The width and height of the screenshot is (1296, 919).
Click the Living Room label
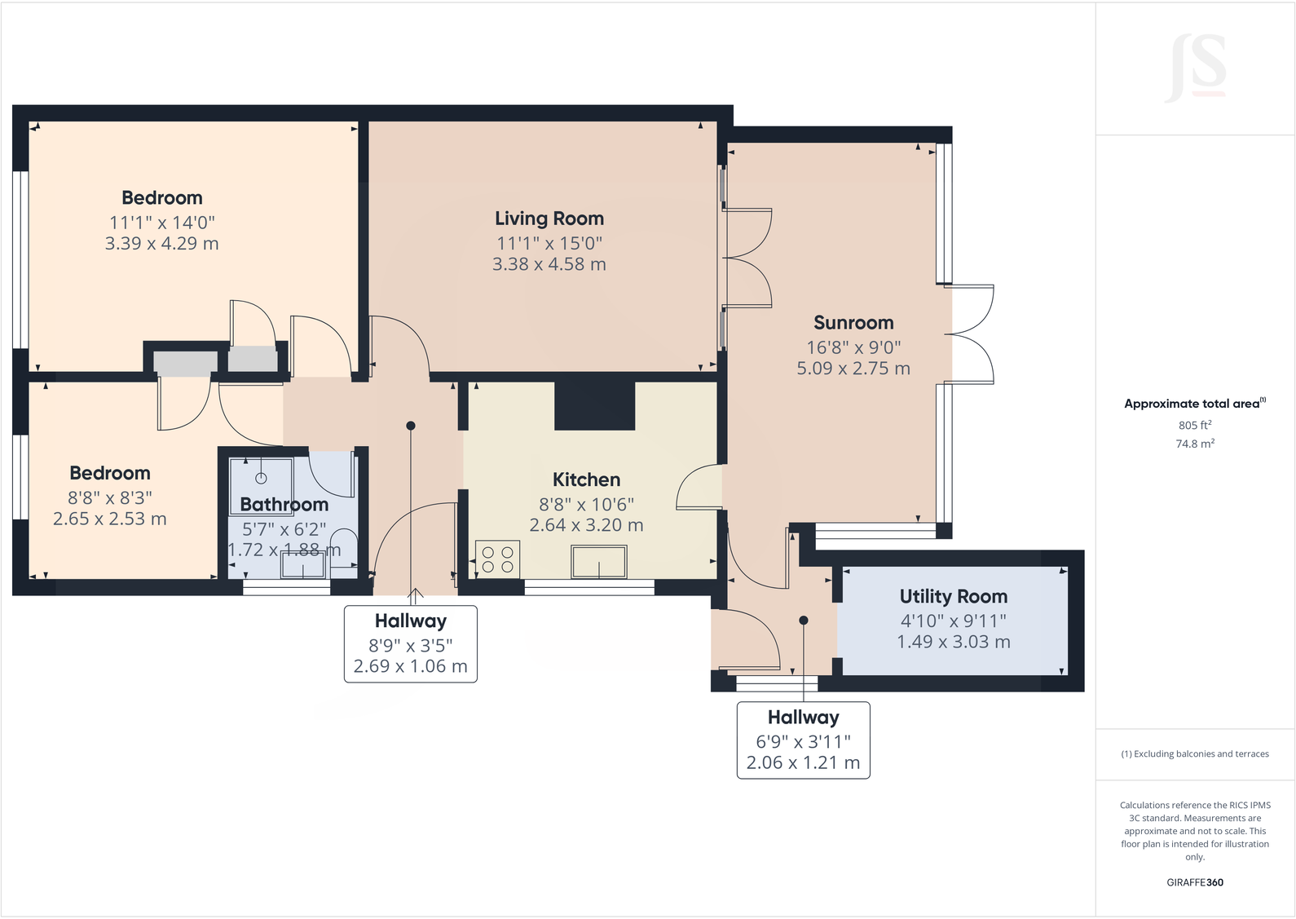(x=549, y=219)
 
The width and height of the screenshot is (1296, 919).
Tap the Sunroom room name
(x=853, y=323)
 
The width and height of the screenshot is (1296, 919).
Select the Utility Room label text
(x=953, y=597)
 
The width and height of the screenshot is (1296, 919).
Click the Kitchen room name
(x=586, y=480)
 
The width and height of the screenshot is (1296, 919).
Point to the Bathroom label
(x=284, y=505)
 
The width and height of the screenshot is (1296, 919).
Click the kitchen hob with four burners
(x=497, y=559)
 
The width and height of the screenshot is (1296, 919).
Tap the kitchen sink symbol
(x=599, y=562)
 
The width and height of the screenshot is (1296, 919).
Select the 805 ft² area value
(x=1194, y=425)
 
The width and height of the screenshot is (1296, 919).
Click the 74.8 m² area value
(x=1194, y=444)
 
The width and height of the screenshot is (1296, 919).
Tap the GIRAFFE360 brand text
(x=1195, y=882)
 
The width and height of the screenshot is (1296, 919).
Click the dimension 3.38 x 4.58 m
(x=549, y=264)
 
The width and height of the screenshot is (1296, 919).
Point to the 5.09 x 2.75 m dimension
(x=853, y=369)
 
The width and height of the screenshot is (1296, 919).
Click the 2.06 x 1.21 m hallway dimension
(x=803, y=763)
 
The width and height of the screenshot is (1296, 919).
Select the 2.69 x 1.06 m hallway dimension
(x=410, y=666)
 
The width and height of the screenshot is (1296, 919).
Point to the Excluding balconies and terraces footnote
(x=1195, y=754)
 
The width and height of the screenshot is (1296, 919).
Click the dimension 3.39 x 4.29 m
(x=161, y=244)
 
